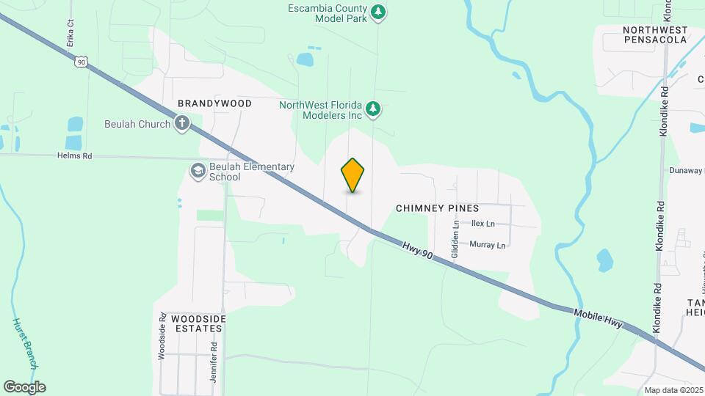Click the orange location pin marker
(353, 175)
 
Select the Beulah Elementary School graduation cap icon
(198, 172)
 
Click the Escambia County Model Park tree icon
(378, 11)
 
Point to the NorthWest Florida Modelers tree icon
(374, 109)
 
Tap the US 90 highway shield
(81, 62)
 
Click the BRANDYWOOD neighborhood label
(214, 103)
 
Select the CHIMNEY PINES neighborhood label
(437, 208)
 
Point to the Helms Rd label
(75, 155)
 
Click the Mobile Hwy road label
(598, 318)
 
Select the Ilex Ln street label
(482, 224)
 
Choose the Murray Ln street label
(488, 245)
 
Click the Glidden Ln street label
(455, 239)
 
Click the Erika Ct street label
(70, 33)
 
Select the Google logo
(24, 387)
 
